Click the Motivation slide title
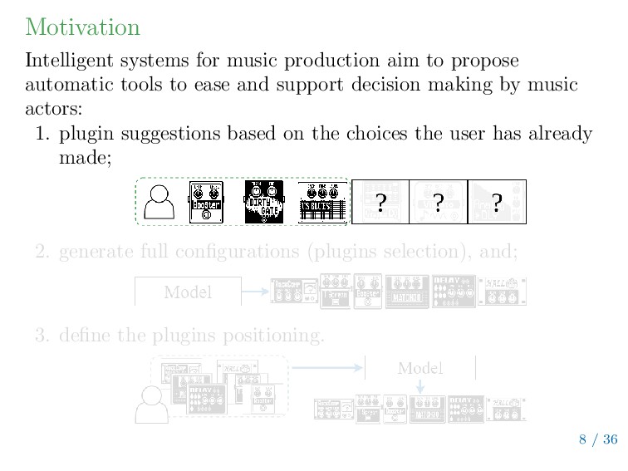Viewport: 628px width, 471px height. pyautogui.click(x=82, y=27)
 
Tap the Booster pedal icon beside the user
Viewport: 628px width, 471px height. pyautogui.click(x=207, y=202)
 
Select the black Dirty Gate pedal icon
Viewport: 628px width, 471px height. pyautogui.click(x=264, y=202)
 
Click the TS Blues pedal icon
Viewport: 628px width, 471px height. pyautogui.click(x=321, y=202)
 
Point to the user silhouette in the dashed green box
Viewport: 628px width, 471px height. pyautogui.click(x=158, y=201)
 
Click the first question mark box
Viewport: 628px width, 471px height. pyautogui.click(x=380, y=202)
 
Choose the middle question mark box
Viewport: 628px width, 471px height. pyautogui.click(x=438, y=202)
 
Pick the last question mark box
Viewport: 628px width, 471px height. pyautogui.click(x=497, y=202)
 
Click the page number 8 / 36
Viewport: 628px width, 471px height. pyautogui.click(x=598, y=439)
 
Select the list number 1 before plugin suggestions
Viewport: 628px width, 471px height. pyautogui.click(x=42, y=134)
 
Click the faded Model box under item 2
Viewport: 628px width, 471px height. pyautogui.click(x=188, y=292)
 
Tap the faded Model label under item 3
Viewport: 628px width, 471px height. pyautogui.click(x=419, y=367)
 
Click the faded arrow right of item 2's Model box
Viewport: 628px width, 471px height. pyautogui.click(x=255, y=292)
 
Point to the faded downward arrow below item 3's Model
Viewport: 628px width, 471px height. pyautogui.click(x=419, y=386)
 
